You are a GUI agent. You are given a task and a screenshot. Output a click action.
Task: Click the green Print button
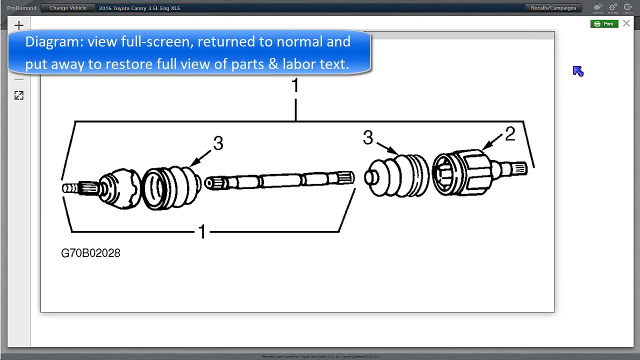604,24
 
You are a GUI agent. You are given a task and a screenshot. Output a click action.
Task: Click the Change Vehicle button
68,8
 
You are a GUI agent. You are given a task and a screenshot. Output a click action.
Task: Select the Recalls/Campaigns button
553,8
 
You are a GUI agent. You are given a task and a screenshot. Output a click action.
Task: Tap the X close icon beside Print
626,23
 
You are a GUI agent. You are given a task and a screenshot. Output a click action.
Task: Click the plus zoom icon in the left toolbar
19,25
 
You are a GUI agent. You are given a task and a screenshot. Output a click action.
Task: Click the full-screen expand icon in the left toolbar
19,95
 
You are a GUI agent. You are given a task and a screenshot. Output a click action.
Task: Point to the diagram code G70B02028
90,253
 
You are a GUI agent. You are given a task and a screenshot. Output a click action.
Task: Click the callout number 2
509,134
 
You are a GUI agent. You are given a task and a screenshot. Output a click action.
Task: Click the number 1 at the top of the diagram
295,86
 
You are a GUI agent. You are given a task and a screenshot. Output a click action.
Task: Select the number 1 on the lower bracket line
202,232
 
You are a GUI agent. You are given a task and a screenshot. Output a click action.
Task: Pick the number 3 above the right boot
368,138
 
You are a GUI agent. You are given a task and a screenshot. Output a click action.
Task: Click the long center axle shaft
280,180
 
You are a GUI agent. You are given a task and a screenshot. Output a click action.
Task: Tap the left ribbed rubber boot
172,187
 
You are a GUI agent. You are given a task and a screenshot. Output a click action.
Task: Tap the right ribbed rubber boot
397,176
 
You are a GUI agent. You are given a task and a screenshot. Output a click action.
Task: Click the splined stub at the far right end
518,169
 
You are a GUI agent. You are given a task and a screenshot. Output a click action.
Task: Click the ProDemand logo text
21,8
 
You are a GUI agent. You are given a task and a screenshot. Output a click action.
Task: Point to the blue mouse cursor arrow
578,71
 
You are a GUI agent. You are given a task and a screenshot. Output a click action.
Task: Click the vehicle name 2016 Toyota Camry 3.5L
139,8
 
